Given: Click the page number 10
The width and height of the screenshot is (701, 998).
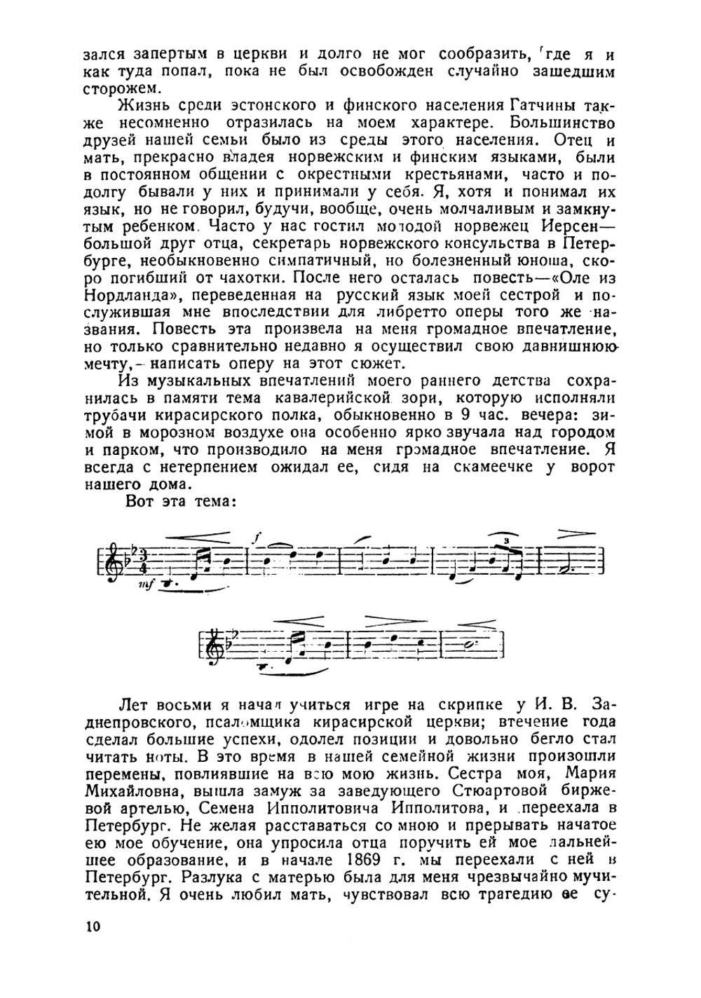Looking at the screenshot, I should [x=93, y=926].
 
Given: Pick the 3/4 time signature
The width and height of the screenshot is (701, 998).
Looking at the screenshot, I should [x=127, y=559].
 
